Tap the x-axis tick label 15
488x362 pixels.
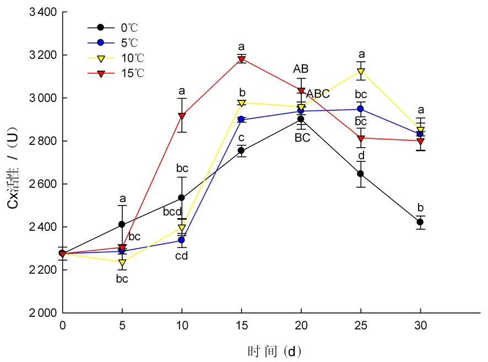pyautogui.click(x=241, y=325)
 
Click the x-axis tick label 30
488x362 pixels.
pyautogui.click(x=420, y=325)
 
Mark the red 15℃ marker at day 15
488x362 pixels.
pyautogui.click(x=241, y=60)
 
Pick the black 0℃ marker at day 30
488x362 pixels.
pyautogui.click(x=420, y=222)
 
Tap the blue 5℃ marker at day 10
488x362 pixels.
pyautogui.click(x=182, y=240)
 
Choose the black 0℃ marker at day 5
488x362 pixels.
pyautogui.click(x=122, y=224)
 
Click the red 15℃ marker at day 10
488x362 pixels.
pyautogui.click(x=182, y=116)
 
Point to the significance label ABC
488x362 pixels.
pyautogui.click(x=318, y=94)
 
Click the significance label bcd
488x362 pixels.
pyautogui.click(x=172, y=212)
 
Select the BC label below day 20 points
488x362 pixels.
pyautogui.click(x=302, y=138)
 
